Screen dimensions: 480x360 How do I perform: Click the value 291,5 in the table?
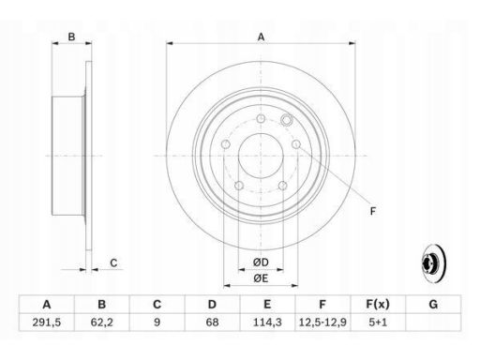pyautogui.click(x=47, y=322)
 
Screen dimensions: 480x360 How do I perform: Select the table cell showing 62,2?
pyautogui.click(x=101, y=322)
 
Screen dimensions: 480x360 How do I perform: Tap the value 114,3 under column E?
pyautogui.click(x=267, y=322)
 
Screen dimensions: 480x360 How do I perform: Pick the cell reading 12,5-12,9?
pyautogui.click(x=322, y=322)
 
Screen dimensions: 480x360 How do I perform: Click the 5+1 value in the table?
pyautogui.click(x=378, y=322)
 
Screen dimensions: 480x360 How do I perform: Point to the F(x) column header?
pyautogui.click(x=378, y=304)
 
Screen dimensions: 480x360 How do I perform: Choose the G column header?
pyautogui.click(x=433, y=304)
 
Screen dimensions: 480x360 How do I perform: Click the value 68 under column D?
pyautogui.click(x=212, y=322)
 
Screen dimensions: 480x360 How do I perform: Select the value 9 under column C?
pyautogui.click(x=157, y=322)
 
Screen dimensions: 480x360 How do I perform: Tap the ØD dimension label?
pyautogui.click(x=261, y=262)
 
